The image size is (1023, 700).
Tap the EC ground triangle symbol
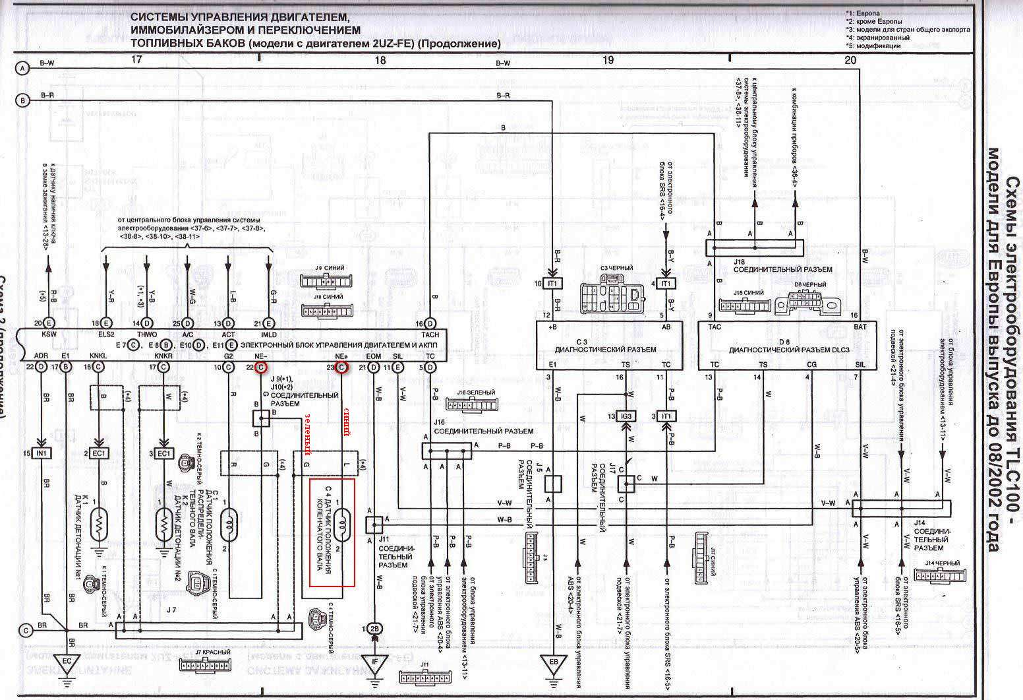(x=67, y=660)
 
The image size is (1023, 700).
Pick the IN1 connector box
(x=43, y=454)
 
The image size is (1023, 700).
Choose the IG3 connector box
(x=625, y=416)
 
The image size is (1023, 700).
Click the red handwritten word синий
(x=344, y=422)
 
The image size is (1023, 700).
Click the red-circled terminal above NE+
(x=341, y=367)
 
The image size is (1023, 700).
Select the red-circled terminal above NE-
(x=260, y=367)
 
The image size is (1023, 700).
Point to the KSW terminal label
(x=49, y=334)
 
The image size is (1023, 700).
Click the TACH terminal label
(x=430, y=334)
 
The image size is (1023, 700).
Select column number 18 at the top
(x=380, y=60)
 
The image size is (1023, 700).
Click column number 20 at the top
(x=850, y=60)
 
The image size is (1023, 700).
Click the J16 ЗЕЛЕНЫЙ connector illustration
(x=471, y=404)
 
